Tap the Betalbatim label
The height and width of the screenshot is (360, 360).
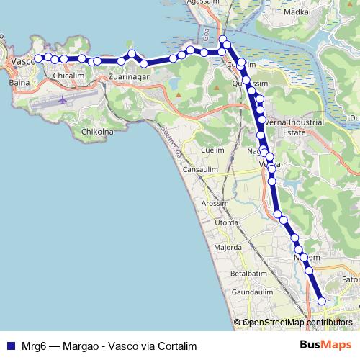tap(248, 274)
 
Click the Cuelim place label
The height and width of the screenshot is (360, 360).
tap(216, 150)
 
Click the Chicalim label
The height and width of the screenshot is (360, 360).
tap(70, 73)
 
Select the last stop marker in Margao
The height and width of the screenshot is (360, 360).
tap(322, 301)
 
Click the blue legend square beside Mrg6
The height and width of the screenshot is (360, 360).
tap(9, 346)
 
